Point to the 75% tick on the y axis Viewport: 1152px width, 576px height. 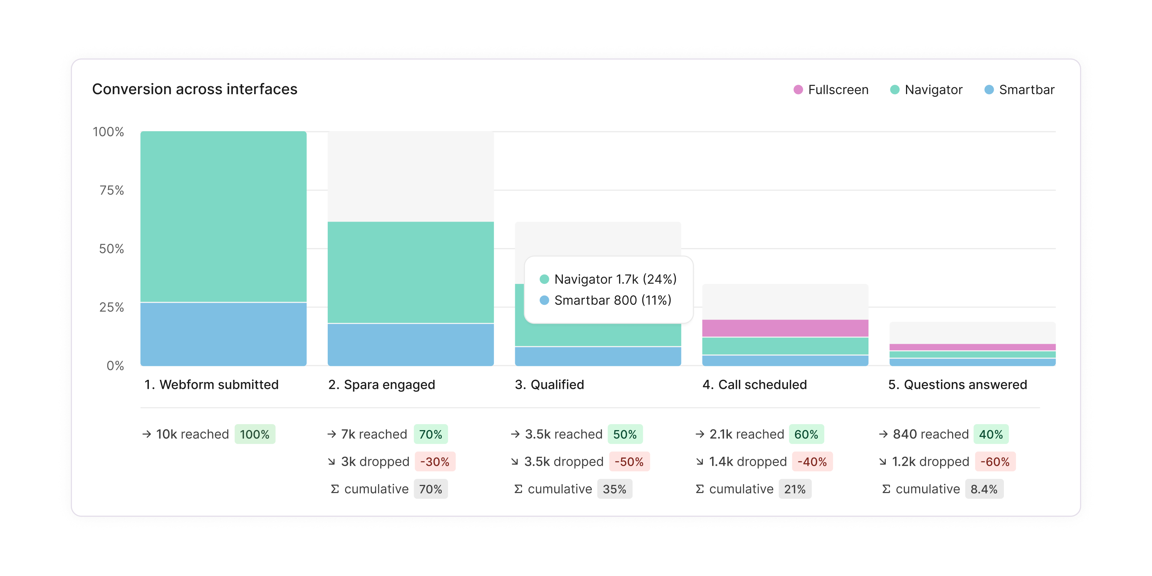click(x=111, y=190)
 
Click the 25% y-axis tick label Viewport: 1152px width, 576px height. click(x=111, y=307)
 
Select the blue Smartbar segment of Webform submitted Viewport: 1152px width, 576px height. click(x=223, y=334)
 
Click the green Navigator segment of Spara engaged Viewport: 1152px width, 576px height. click(x=411, y=272)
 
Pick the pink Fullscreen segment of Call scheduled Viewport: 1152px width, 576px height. click(x=785, y=328)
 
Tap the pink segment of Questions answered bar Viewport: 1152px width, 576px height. click(x=972, y=347)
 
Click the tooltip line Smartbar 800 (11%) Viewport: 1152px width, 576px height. click(x=612, y=300)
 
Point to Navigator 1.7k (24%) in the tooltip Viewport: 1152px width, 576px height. click(x=615, y=279)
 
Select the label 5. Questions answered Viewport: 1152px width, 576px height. click(x=957, y=385)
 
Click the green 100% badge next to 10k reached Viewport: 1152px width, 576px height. click(x=255, y=434)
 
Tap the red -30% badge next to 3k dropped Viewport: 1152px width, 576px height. click(x=434, y=462)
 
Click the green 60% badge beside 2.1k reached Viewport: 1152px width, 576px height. click(x=806, y=434)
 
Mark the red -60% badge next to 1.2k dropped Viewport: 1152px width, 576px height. click(x=994, y=462)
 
